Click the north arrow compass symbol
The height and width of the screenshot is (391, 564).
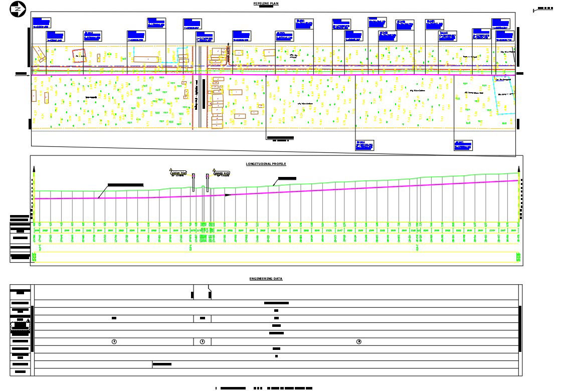(18, 9)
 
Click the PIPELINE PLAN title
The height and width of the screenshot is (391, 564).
(266, 4)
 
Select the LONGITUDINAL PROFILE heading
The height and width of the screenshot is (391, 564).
(266, 164)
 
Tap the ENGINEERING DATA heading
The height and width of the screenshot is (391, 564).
(266, 279)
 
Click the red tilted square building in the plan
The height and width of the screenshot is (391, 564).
(79, 55)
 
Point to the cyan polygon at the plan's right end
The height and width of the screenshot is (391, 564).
(504, 95)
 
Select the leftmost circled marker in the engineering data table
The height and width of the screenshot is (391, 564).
(114, 341)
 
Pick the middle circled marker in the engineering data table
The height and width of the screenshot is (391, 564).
(202, 341)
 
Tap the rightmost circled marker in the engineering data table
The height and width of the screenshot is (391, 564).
(358, 341)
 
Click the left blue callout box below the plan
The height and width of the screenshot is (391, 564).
(365, 145)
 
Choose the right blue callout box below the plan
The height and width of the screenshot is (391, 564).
(463, 145)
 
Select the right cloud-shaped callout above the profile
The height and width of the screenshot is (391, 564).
(221, 172)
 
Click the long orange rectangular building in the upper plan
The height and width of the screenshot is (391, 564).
(146, 59)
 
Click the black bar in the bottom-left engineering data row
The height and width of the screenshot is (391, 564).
(161, 364)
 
